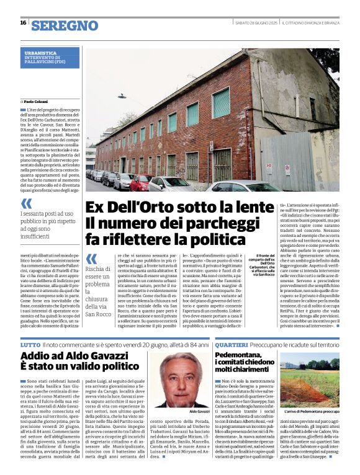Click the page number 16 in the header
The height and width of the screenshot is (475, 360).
click(23, 22)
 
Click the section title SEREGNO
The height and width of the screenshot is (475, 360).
click(65, 25)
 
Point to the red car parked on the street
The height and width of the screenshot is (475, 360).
click(140, 182)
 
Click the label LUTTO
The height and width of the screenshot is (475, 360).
click(30, 343)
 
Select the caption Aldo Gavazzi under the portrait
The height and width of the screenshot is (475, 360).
click(198, 411)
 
